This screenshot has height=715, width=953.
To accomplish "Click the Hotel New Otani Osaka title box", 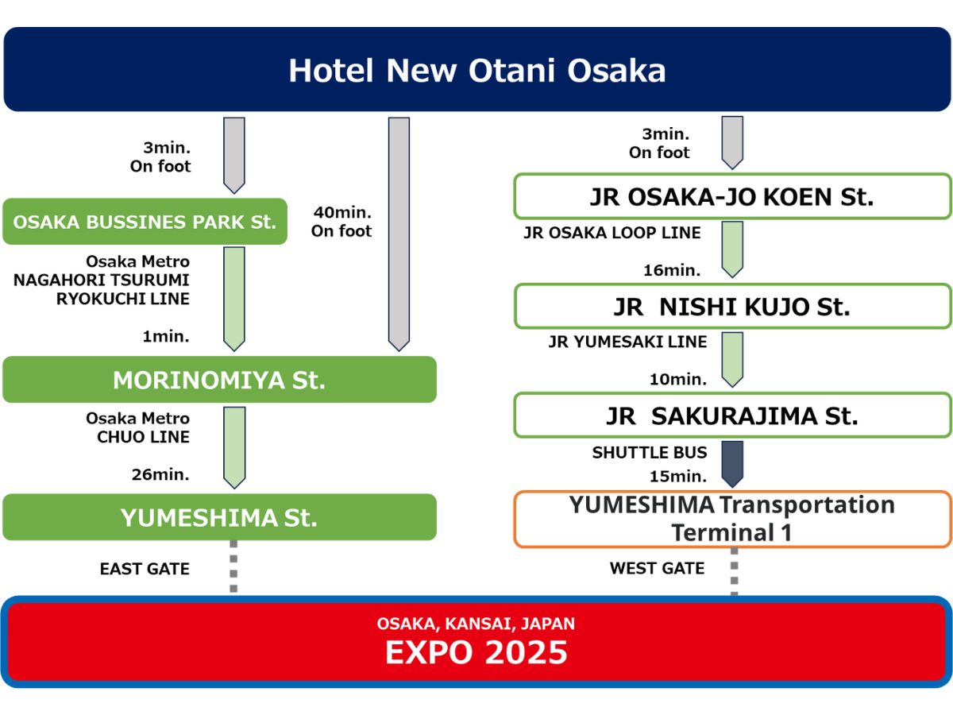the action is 476,69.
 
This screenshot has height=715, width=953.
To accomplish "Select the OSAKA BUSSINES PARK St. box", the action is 145,222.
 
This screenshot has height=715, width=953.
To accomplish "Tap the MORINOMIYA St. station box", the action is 219,380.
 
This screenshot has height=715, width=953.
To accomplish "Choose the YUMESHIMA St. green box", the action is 219,517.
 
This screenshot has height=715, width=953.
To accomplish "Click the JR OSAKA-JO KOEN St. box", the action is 732,196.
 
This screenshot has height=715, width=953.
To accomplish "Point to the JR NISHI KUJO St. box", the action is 732,306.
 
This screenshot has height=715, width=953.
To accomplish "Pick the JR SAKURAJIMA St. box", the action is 732,415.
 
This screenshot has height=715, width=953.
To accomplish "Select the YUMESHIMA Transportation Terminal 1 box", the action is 732,519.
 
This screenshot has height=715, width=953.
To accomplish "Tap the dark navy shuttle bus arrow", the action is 732,464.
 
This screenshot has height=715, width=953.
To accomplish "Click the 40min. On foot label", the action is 341,222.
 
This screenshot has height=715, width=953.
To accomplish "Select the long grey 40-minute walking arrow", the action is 399,234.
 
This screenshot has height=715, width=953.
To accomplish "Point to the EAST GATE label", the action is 145,569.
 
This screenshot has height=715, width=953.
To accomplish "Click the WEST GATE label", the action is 657,568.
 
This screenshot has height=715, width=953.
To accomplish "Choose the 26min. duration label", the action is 160,474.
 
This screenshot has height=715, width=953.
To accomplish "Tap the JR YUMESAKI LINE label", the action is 627,342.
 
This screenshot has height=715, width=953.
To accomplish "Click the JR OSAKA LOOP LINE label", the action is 612,233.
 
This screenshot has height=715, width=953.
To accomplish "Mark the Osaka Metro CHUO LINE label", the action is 138,427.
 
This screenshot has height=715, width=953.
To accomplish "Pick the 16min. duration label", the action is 672,270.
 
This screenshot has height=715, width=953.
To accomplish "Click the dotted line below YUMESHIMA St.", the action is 233,566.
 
